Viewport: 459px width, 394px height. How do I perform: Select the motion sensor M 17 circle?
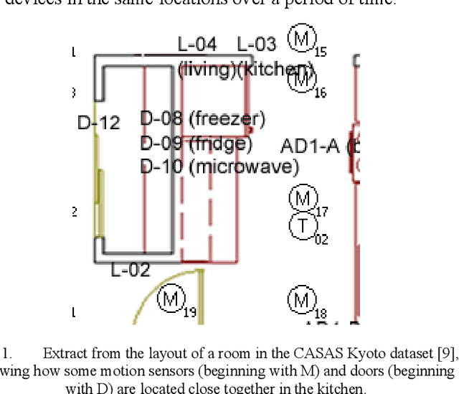(x=303, y=197)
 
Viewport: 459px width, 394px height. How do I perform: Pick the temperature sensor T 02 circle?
(x=303, y=226)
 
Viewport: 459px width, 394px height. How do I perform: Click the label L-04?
(x=197, y=44)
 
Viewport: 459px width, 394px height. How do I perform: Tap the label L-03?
(x=256, y=44)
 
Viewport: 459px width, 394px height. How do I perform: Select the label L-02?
(x=131, y=271)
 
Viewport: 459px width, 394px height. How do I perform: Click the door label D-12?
(x=98, y=123)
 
